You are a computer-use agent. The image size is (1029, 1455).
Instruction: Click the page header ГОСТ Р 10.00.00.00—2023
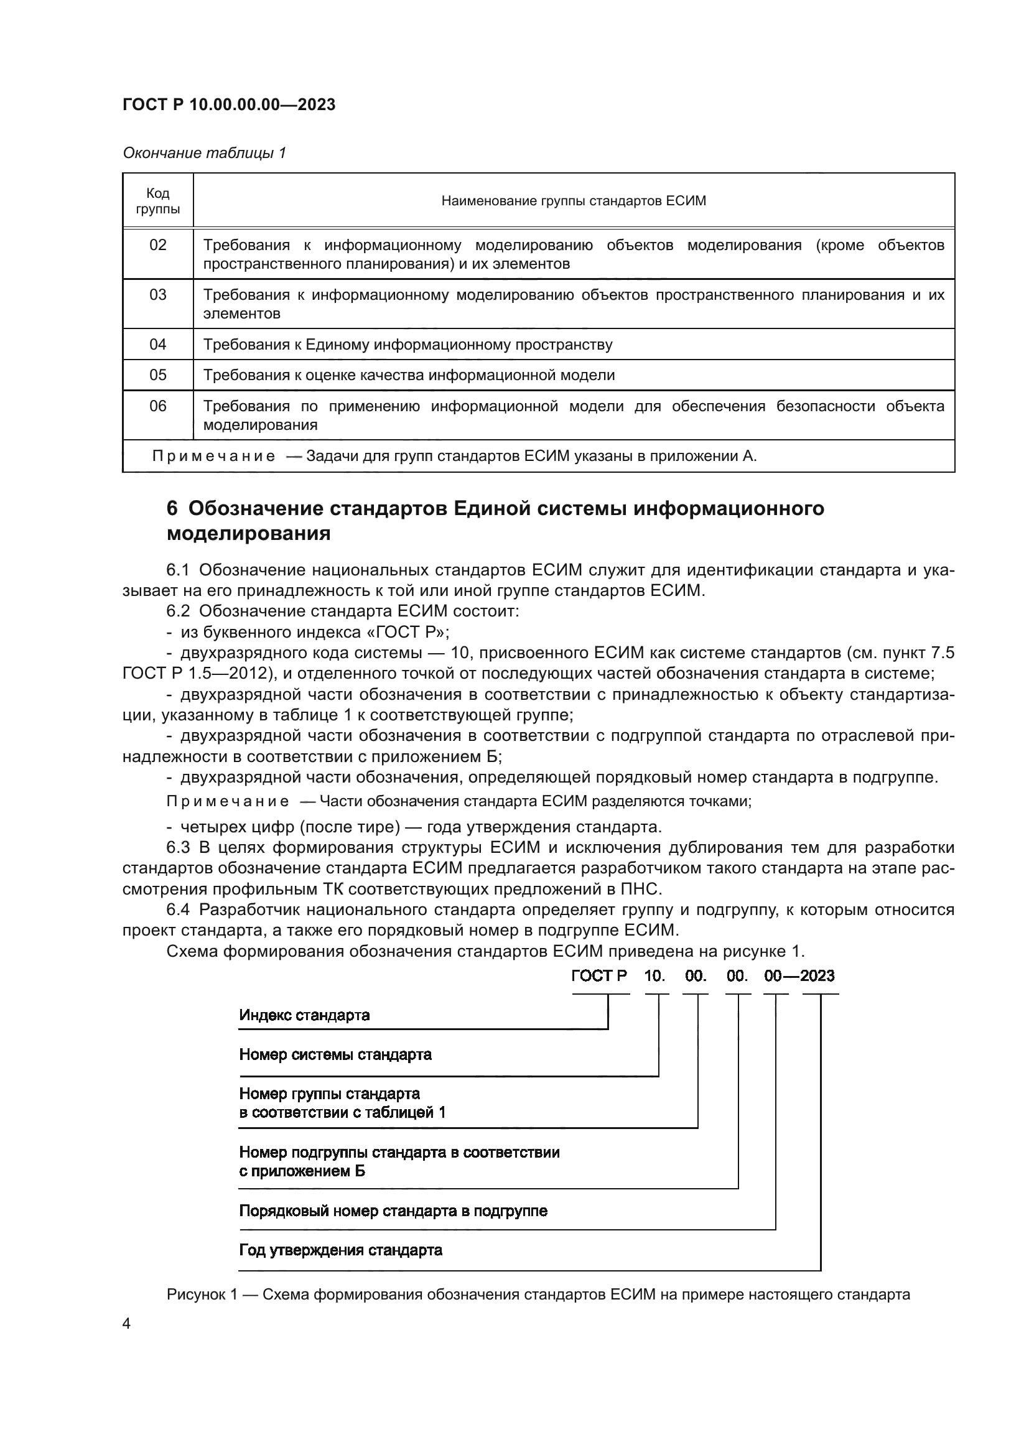tap(229, 105)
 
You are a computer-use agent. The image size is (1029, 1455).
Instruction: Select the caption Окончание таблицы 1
tap(204, 153)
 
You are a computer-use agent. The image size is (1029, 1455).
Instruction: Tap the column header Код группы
tap(158, 201)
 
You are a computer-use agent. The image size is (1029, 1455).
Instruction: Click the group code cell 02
tap(158, 245)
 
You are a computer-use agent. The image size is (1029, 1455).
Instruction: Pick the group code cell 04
tap(158, 344)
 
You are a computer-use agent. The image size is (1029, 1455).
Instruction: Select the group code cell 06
tap(158, 406)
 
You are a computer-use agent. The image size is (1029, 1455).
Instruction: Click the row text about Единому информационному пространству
tap(407, 344)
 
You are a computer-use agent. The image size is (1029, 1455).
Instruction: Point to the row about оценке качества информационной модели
tap(409, 374)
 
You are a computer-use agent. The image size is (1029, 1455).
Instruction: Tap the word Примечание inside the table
tap(213, 456)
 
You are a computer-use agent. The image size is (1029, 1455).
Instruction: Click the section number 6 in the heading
tap(172, 508)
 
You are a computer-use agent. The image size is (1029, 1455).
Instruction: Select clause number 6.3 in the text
tap(178, 848)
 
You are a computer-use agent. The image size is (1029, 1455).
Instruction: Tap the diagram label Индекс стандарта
tap(304, 1015)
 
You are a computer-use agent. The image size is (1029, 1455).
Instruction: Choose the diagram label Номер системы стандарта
tap(335, 1054)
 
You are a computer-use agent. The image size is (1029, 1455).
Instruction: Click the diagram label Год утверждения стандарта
tap(340, 1250)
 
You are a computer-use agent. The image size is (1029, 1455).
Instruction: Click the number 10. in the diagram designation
tap(654, 976)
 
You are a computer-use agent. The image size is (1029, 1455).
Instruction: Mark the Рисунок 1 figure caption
tap(538, 1295)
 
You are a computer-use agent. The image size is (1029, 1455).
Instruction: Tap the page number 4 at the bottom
tap(126, 1324)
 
